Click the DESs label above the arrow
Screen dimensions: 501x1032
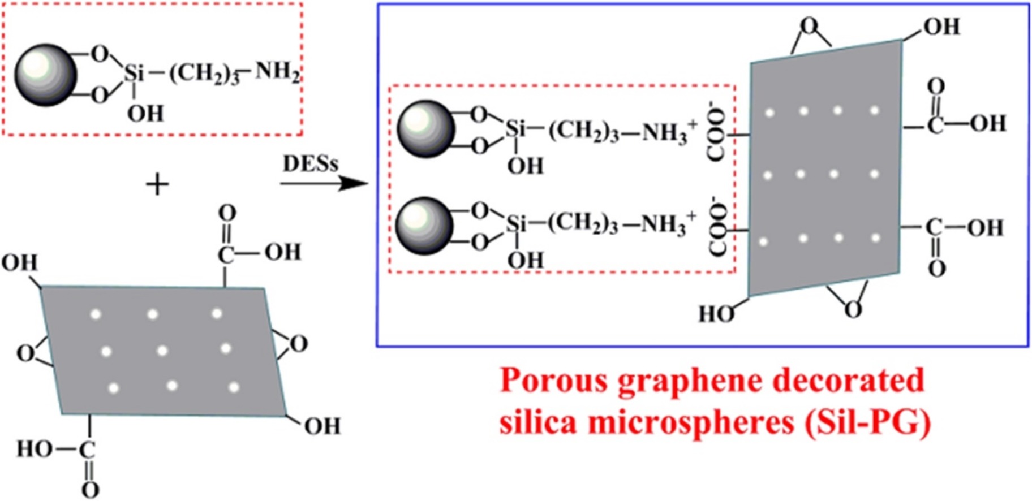(310, 164)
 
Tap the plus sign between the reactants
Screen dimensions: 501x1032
(157, 185)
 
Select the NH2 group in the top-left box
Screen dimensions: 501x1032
(277, 72)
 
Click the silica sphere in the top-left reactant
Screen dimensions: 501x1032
(45, 75)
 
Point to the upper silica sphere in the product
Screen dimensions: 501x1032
(425, 129)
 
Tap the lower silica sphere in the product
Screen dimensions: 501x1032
(424, 226)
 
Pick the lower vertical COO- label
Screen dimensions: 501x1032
(717, 227)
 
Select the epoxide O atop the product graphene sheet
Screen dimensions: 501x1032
(810, 26)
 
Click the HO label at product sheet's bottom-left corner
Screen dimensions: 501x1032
(716, 314)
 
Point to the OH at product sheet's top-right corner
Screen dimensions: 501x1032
(941, 27)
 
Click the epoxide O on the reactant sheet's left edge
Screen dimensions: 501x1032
(25, 354)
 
